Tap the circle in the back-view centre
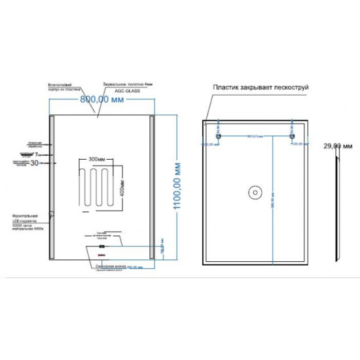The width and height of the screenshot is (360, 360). [254, 192]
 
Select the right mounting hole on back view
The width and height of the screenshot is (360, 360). [289, 137]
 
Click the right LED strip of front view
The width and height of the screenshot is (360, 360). [153, 190]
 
